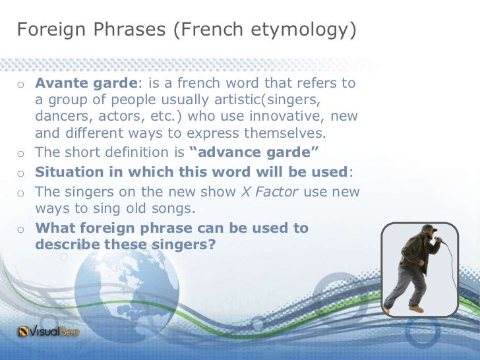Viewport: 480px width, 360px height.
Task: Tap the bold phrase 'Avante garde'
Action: click(86, 84)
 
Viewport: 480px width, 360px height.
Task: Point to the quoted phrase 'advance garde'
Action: click(254, 154)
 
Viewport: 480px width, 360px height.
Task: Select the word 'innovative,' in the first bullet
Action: click(294, 117)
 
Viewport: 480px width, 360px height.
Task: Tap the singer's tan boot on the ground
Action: click(415, 309)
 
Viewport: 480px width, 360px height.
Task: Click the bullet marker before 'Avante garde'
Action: click(21, 84)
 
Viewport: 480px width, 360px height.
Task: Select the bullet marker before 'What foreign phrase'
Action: click(21, 229)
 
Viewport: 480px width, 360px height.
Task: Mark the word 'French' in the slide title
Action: click(208, 30)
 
